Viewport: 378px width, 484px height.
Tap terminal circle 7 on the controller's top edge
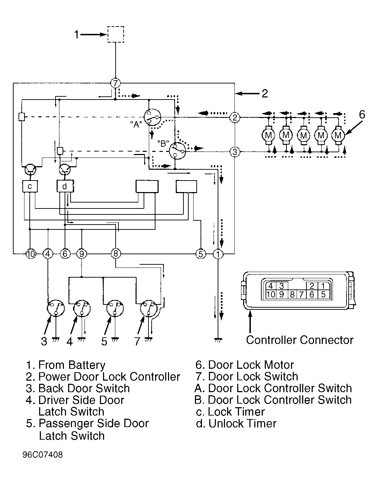coord(115,83)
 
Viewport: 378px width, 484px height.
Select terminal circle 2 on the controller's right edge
coord(235,117)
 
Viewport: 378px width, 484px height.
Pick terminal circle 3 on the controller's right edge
coord(235,152)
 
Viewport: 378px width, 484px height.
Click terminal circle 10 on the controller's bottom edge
coord(31,254)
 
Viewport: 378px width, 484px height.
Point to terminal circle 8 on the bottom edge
coord(116,254)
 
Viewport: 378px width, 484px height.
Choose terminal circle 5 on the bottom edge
coord(201,254)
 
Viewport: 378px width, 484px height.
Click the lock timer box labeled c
coord(30,186)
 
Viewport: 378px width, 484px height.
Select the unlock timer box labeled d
coord(65,186)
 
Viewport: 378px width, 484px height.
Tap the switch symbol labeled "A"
coord(152,117)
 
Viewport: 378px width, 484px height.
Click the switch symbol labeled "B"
coord(177,151)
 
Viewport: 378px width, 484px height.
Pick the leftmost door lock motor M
coord(268,135)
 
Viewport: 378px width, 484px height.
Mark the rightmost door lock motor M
coord(338,135)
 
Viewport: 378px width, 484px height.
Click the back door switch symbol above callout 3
coord(56,308)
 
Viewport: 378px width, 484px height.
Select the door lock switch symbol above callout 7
coord(149,308)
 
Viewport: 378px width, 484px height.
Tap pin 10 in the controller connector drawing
coord(271,294)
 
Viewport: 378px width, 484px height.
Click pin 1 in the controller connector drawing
coord(323,286)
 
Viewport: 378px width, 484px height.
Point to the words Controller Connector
coord(300,340)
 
